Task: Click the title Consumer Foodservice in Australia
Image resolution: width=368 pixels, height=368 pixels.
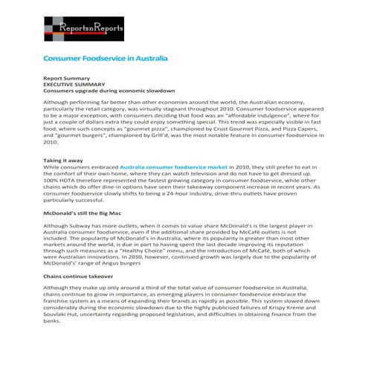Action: tap(105, 58)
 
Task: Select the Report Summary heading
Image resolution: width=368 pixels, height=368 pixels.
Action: tap(66, 77)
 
